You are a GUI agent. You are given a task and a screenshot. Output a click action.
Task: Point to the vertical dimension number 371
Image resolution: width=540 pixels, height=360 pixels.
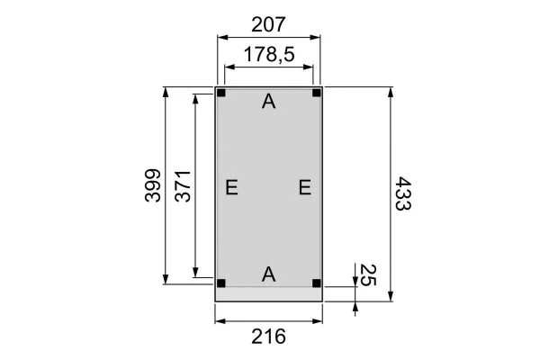pyautogui.click(x=182, y=185)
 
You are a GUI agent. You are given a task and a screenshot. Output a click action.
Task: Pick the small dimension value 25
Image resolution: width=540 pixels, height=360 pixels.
pyautogui.click(x=367, y=274)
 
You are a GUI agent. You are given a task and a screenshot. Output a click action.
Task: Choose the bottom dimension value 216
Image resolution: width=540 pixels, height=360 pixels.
pyautogui.click(x=268, y=337)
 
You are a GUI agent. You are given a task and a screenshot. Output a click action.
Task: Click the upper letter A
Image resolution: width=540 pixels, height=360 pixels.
pyautogui.click(x=268, y=103)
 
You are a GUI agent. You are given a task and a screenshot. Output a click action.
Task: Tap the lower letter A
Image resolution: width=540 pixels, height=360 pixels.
pyautogui.click(x=268, y=274)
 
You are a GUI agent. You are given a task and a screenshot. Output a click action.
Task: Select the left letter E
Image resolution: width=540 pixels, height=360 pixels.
pyautogui.click(x=231, y=187)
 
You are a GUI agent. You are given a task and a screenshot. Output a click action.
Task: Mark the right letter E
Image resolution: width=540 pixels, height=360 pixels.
pyautogui.click(x=304, y=187)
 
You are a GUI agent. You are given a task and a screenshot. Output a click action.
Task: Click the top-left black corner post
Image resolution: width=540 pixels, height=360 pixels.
pyautogui.click(x=221, y=93)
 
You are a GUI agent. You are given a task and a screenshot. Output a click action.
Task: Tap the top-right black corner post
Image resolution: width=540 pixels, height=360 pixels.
pyautogui.click(x=316, y=93)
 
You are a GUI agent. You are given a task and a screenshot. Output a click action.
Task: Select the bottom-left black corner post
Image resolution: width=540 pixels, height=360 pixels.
pyautogui.click(x=221, y=283)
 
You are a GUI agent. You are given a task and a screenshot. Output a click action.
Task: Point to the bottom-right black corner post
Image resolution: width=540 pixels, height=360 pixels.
pyautogui.click(x=316, y=283)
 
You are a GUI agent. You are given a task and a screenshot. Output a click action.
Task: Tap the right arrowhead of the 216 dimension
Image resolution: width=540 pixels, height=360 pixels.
pyautogui.click(x=319, y=319)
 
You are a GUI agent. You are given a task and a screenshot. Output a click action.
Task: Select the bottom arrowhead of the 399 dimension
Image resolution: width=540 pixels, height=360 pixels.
pyautogui.click(x=166, y=280)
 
